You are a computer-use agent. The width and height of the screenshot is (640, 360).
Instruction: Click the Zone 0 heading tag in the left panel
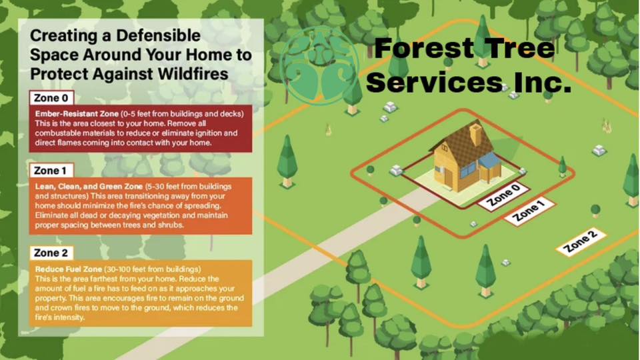point(51,98)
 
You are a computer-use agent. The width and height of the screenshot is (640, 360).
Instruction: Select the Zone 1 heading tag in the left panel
point(51,170)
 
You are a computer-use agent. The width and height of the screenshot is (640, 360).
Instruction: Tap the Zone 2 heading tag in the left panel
point(51,253)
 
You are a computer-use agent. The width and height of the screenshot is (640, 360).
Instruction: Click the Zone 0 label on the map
point(504,196)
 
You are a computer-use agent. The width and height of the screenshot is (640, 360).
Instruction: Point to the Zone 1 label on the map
point(529,211)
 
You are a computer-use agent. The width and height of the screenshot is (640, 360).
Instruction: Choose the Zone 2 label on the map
point(581,242)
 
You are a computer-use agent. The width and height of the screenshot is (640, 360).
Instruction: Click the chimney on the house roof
point(475,134)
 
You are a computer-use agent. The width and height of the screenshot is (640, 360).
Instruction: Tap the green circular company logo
point(321,66)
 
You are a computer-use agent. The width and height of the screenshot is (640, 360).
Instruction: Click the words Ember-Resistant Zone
point(77,113)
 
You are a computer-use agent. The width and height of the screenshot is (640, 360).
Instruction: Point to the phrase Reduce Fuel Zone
point(68,269)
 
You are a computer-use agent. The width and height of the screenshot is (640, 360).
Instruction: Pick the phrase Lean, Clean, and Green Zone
point(89,187)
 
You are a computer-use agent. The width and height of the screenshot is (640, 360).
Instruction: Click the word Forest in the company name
point(423,48)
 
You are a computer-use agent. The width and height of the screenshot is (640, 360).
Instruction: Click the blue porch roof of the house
point(489,161)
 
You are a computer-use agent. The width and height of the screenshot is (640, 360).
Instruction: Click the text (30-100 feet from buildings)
point(152,269)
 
